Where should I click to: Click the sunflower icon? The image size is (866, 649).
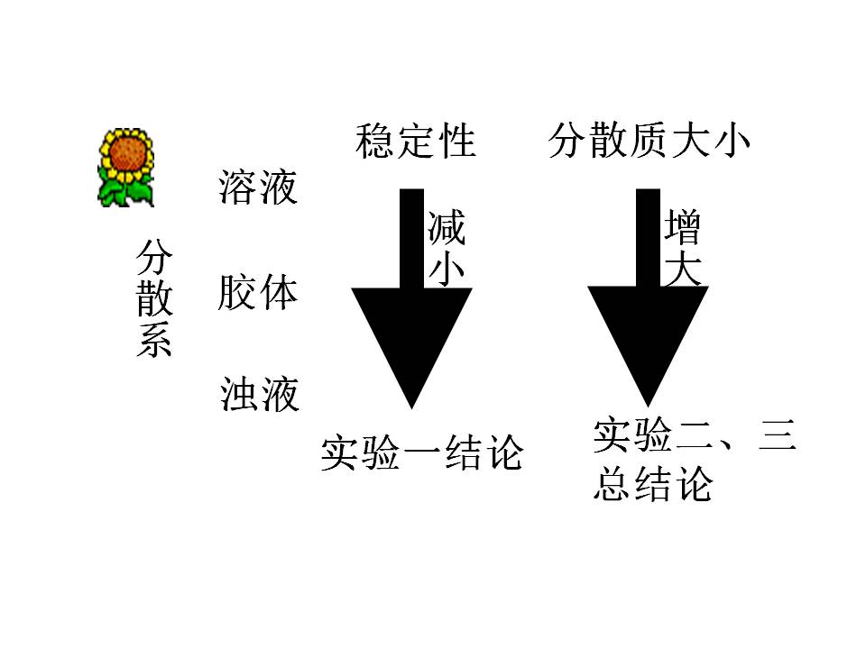coord(125,168)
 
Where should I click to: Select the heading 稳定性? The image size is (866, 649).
coord(415,142)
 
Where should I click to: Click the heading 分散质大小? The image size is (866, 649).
coord(649,142)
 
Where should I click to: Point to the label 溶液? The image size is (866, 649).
coord(257,187)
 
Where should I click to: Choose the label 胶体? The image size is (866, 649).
coord(257,293)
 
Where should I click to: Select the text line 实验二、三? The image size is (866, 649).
coord(695,437)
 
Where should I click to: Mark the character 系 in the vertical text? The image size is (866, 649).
coord(153,341)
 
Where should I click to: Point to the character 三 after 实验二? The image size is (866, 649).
coord(776,437)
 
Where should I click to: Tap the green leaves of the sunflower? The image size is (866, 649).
coord(125,191)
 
